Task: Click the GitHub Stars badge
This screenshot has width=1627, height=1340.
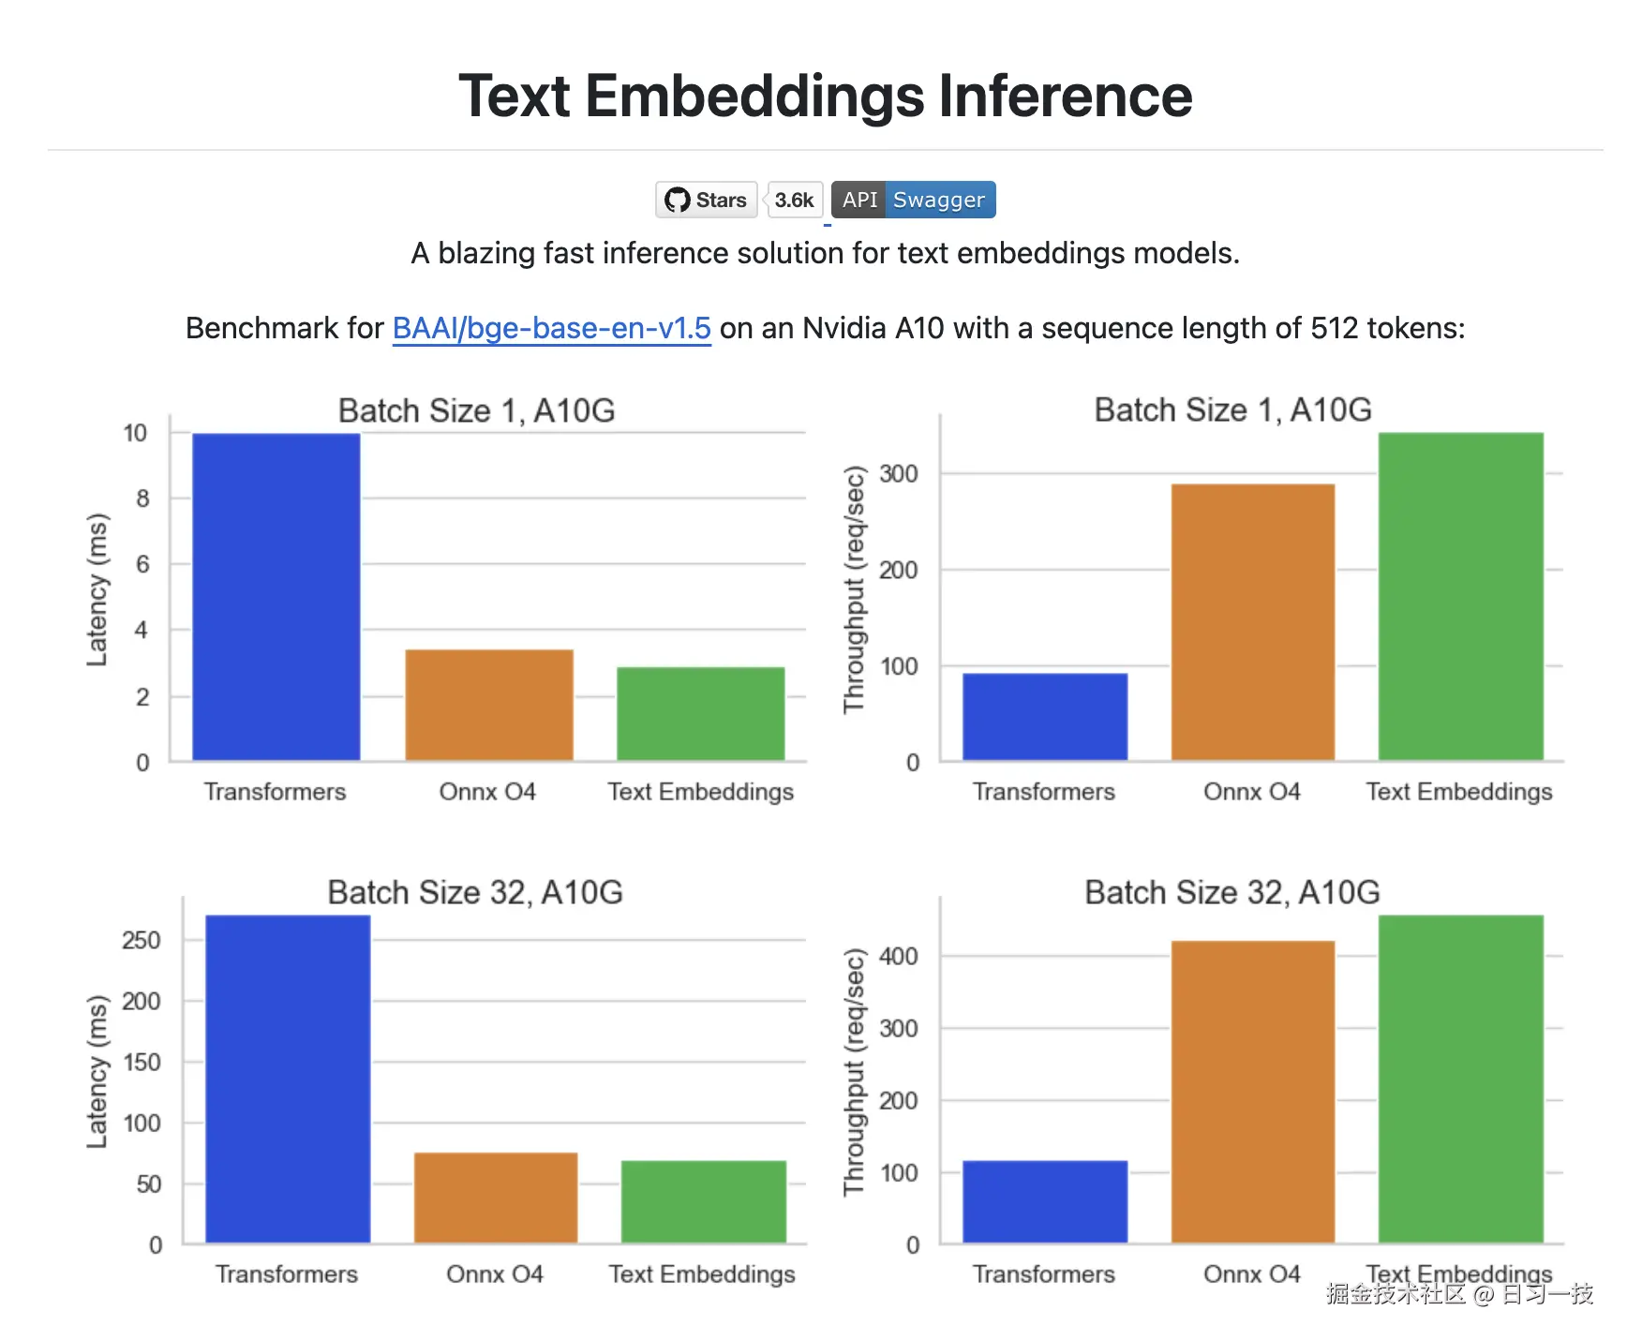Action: coord(706,200)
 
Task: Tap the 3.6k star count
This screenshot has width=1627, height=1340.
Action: coord(794,200)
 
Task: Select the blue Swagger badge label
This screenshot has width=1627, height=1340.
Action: coord(938,200)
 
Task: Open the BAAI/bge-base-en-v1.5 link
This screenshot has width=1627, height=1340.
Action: coord(551,328)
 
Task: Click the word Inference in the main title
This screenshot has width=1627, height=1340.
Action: coord(1065,96)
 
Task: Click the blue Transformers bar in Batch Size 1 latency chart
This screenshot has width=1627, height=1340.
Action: coord(276,596)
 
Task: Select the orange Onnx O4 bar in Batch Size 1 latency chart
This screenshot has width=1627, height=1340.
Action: coord(489,704)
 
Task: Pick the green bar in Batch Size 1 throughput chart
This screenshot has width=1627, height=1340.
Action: coord(1460,596)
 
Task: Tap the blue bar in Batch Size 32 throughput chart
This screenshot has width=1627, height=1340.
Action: coord(1045,1201)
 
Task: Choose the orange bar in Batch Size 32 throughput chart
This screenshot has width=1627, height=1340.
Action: coord(1253,1092)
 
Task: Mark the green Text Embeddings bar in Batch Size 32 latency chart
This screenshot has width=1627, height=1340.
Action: coord(704,1201)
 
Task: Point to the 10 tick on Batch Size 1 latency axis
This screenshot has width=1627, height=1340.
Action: coord(136,433)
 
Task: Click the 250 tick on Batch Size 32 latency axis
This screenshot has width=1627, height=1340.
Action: coord(142,940)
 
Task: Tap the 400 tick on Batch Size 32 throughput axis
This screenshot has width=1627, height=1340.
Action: coord(899,957)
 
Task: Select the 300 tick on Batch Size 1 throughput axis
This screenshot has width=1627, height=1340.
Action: coord(899,474)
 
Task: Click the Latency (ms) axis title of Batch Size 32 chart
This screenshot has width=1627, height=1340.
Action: coord(97,1071)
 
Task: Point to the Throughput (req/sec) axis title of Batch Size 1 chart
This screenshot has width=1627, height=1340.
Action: coord(854,589)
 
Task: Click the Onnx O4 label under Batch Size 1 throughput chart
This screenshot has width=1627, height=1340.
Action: coord(1252,792)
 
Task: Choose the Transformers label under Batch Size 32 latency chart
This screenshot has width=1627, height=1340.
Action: coord(287,1274)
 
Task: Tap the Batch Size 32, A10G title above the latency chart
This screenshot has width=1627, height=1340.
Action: coord(475,892)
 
